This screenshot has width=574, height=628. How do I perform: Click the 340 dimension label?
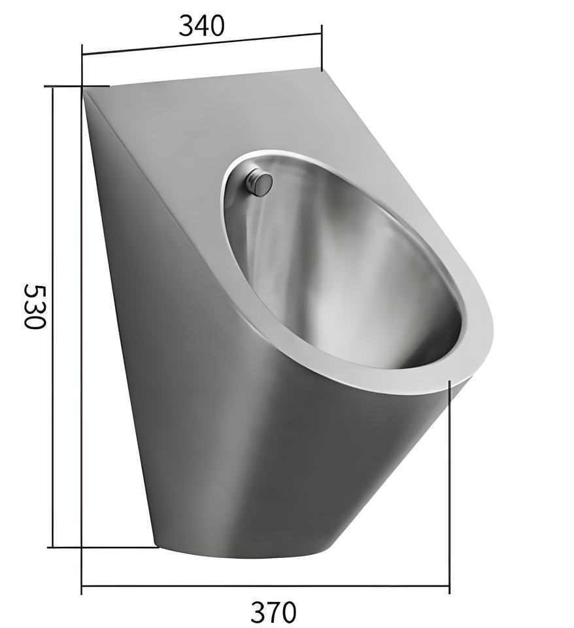[x=201, y=26]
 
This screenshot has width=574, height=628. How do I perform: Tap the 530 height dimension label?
[x=35, y=306]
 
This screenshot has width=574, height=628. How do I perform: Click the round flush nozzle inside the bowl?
[x=260, y=183]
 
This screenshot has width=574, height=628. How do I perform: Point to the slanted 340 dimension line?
[x=201, y=44]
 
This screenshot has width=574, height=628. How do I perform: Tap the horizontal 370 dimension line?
[x=265, y=585]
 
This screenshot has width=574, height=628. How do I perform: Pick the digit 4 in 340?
[x=201, y=26]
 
